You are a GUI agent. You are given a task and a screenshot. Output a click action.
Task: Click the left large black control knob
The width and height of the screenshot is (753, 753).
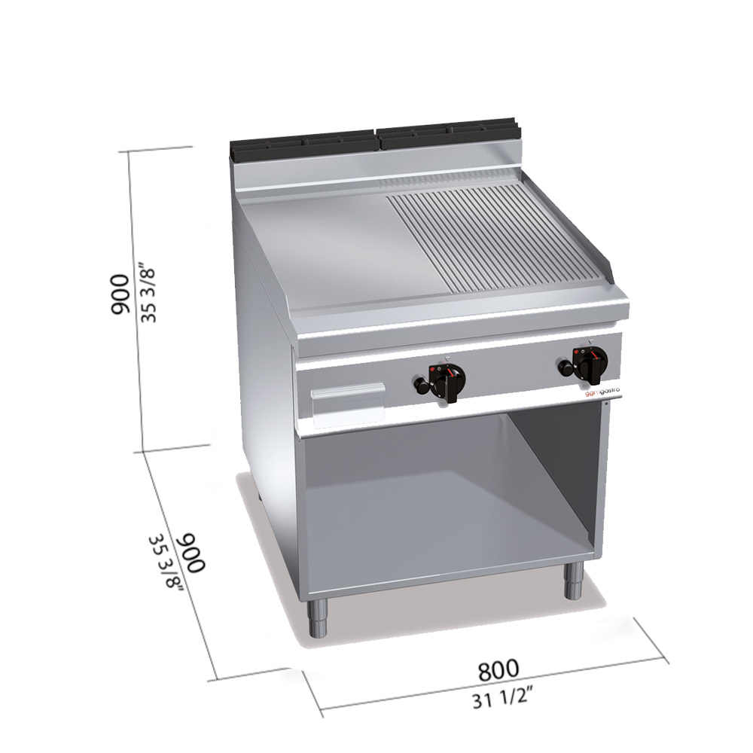pos(447,381)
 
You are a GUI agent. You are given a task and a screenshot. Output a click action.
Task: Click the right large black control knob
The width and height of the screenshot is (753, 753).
pos(590,363)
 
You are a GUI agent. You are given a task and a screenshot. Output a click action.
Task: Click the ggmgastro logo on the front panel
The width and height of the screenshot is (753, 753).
pos(602,392)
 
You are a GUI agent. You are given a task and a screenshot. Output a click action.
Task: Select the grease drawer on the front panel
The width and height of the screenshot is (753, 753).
pos(348,404)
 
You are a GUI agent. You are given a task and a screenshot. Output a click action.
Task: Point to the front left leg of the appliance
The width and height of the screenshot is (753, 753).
pos(318,618)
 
